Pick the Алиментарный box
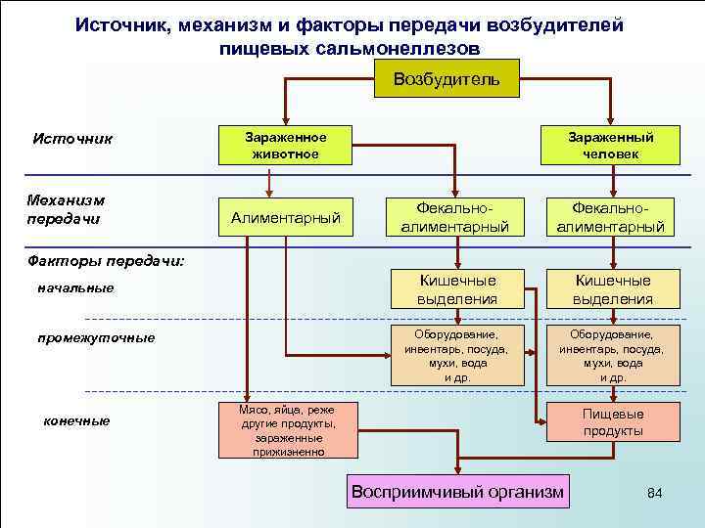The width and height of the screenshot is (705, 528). click(285, 217)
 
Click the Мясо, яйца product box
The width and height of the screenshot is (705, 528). click(285, 430)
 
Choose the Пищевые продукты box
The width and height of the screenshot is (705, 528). click(613, 421)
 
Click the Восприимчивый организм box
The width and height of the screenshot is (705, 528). click(457, 492)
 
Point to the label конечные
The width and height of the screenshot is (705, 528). click(77, 420)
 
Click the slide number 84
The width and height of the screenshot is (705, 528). click(655, 493)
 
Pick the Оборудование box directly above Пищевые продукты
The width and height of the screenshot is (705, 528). click(613, 355)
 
